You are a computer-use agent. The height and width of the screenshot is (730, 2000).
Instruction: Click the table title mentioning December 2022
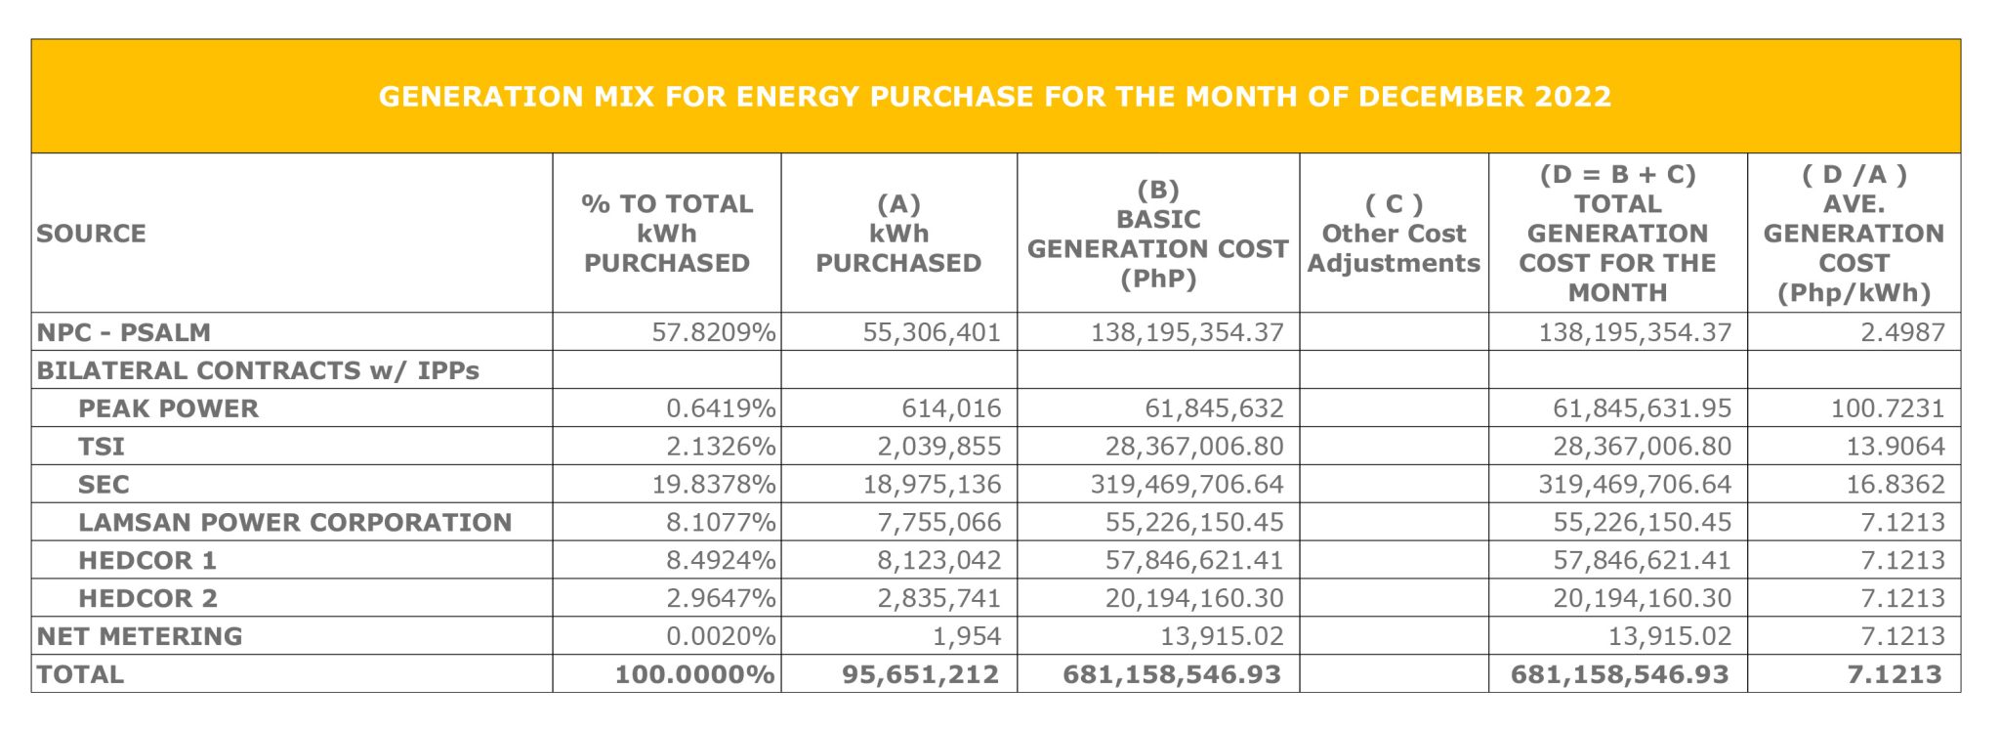994,97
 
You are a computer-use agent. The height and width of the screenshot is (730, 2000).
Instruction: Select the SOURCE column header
91,234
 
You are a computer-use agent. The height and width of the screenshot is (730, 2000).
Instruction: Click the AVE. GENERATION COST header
1854,234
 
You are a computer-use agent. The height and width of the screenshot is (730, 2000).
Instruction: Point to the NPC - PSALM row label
124,332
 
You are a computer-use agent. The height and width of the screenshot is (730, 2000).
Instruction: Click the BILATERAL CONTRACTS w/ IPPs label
258,370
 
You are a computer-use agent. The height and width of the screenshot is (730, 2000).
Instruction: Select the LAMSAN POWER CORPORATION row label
295,522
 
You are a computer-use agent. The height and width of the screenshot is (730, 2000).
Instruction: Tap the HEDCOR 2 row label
147,598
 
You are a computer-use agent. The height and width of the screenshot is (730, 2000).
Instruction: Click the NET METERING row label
140,636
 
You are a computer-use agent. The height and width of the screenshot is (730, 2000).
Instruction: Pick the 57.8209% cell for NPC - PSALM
714,332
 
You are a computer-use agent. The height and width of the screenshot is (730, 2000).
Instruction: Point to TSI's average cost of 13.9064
1895,447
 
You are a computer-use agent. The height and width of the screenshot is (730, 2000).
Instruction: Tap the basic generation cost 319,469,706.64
1187,485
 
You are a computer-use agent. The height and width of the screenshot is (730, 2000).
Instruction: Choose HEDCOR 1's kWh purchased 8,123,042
938,560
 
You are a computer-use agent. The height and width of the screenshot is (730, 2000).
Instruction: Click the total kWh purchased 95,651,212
920,674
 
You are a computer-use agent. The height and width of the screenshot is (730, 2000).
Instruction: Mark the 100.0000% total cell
694,674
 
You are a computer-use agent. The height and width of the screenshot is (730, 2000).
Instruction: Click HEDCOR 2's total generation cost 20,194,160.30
1642,598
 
